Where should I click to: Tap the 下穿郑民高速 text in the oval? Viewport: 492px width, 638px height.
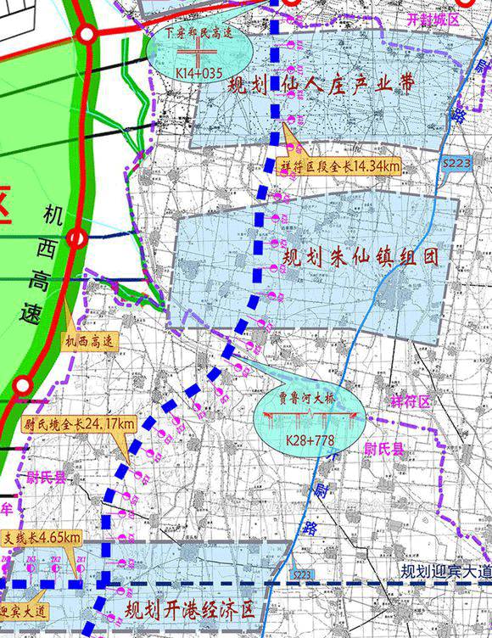pos(198,33)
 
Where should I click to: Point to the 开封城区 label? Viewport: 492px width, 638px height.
pos(433,18)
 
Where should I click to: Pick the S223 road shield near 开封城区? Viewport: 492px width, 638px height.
pos(456,164)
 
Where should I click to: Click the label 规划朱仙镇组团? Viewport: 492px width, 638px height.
pos(361,256)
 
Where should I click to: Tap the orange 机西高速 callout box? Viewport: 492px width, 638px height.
pos(92,342)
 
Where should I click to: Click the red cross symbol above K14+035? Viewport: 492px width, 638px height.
pos(198,53)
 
